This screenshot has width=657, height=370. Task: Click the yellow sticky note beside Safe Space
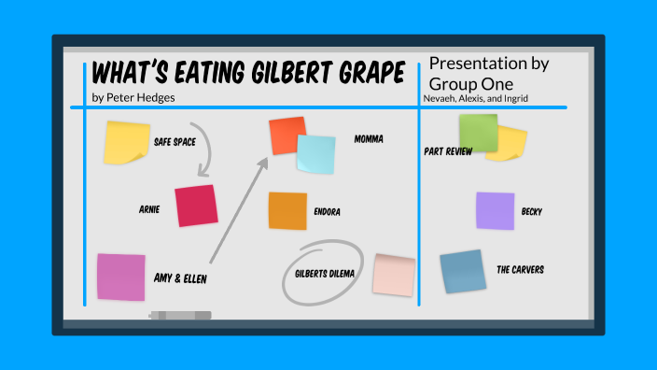tap(127, 142)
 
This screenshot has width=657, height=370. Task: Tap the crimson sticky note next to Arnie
tap(195, 206)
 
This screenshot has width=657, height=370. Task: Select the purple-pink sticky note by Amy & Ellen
tap(121, 277)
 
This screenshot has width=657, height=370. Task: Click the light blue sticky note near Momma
tap(316, 154)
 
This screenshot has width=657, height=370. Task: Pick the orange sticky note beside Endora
tap(287, 211)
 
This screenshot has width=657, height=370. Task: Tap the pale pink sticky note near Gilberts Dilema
tap(393, 274)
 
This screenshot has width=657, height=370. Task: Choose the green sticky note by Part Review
tap(478, 133)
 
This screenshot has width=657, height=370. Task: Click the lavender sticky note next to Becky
tap(495, 210)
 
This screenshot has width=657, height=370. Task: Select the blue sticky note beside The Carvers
tap(463, 271)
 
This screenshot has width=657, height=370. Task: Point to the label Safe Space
tap(175, 142)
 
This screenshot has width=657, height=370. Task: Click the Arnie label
tap(149, 210)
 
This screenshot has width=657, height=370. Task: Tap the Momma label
tap(369, 139)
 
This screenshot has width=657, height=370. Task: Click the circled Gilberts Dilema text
tap(322, 274)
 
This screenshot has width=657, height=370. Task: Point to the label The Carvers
tap(520, 270)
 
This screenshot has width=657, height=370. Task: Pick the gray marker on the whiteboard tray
tap(180, 316)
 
